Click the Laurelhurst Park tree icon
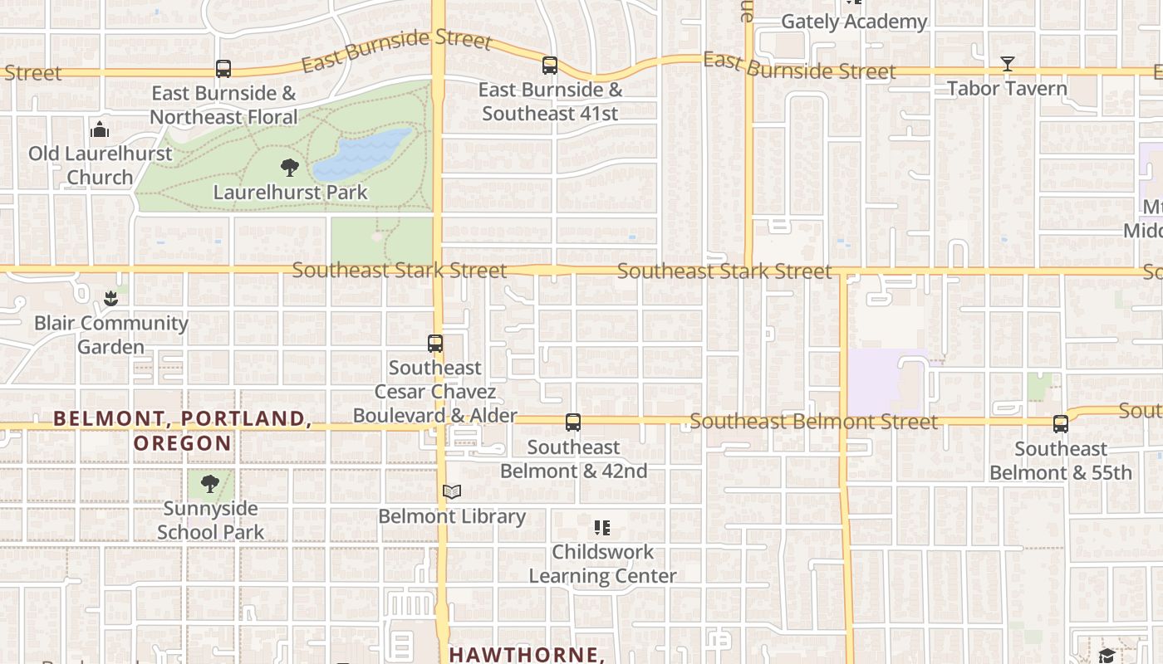point(289,168)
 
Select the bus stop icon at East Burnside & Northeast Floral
point(223,69)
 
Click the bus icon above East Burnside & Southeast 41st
point(549,66)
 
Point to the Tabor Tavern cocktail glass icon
point(1007,64)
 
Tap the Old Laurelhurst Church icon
point(100,129)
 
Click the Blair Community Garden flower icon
point(110,298)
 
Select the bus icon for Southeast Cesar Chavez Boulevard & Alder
point(434,343)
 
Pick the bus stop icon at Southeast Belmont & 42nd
point(572,422)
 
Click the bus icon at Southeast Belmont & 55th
point(1060,424)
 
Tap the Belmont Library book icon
point(451,492)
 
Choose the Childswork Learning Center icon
point(602,527)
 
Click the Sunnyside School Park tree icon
point(210,484)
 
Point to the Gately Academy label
point(854,22)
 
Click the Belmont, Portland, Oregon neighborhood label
point(183,430)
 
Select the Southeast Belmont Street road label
point(813,422)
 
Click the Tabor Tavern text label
point(1007,88)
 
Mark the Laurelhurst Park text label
point(290,193)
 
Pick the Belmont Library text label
point(452,516)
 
